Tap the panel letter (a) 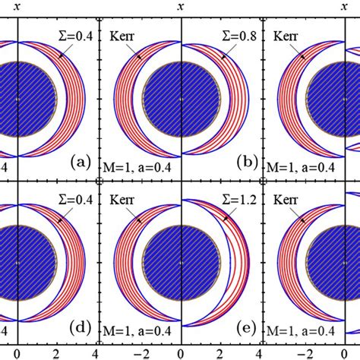(81, 161)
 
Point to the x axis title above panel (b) (181, 6)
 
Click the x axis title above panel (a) (16, 6)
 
